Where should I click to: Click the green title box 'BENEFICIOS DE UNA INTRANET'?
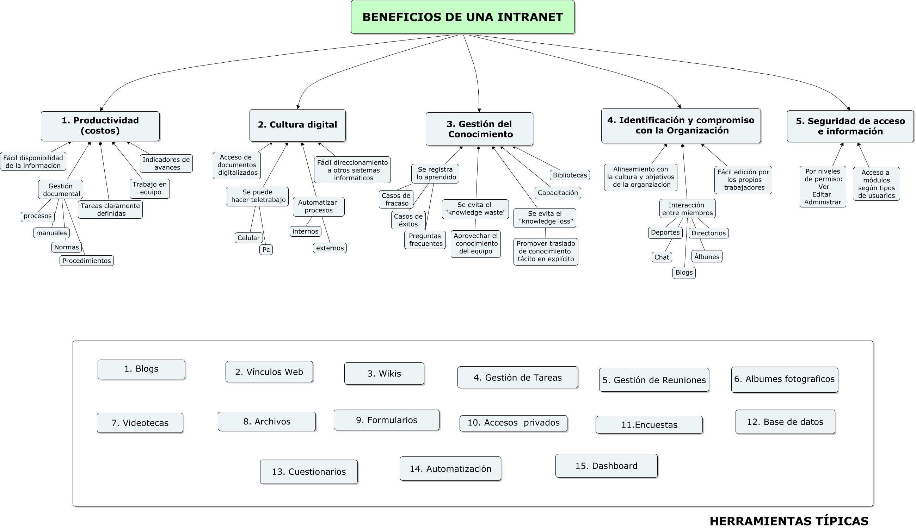click(x=462, y=17)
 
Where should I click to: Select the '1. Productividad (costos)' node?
click(x=100, y=126)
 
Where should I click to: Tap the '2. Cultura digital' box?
click(x=297, y=125)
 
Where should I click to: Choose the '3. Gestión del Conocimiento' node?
click(x=479, y=129)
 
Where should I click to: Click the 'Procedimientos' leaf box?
click(x=86, y=261)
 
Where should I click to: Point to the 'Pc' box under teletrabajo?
click(x=266, y=250)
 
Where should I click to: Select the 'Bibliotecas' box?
click(x=570, y=175)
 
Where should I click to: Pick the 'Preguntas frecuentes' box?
click(x=425, y=240)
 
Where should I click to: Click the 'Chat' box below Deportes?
click(x=662, y=257)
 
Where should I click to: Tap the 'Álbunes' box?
click(x=707, y=256)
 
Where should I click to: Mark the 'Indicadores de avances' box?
click(x=166, y=163)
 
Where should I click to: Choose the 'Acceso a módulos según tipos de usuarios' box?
click(x=877, y=184)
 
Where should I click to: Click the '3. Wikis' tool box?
click(x=384, y=373)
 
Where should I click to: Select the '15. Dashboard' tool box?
click(x=606, y=466)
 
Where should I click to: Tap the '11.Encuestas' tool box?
click(x=649, y=425)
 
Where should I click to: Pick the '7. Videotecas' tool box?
click(x=140, y=423)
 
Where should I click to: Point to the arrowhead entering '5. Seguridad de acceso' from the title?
click(x=848, y=108)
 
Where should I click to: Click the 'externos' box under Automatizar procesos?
click(x=330, y=248)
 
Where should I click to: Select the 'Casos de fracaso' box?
click(x=396, y=199)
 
